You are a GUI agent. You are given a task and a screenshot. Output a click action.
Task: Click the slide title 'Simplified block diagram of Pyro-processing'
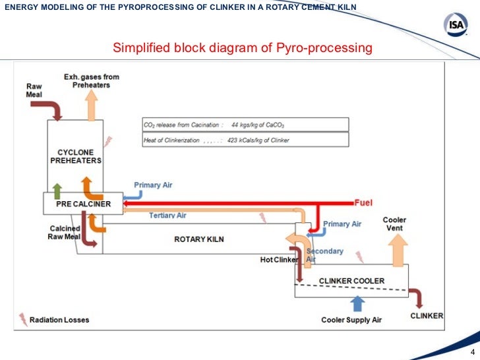(x=243, y=48)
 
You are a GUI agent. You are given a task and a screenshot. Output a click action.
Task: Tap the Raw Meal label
(x=34, y=90)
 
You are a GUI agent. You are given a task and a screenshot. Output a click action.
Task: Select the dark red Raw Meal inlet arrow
(x=54, y=107)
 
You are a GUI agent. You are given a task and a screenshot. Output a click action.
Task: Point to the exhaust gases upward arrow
(x=91, y=103)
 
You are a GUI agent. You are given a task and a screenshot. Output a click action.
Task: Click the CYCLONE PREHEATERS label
(x=76, y=156)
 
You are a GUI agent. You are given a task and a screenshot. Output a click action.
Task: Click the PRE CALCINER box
(x=83, y=204)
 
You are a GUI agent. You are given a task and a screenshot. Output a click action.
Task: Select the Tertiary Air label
(x=167, y=216)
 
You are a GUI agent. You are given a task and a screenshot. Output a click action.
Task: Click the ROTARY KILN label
(x=198, y=239)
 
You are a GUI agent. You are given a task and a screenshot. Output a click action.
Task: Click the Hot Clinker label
(x=280, y=260)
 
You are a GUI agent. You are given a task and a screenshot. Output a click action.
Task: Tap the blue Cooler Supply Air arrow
(x=357, y=303)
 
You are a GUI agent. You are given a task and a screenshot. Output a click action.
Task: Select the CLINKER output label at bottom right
(x=427, y=316)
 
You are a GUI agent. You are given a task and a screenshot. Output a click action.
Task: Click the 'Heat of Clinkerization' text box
(x=244, y=140)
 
